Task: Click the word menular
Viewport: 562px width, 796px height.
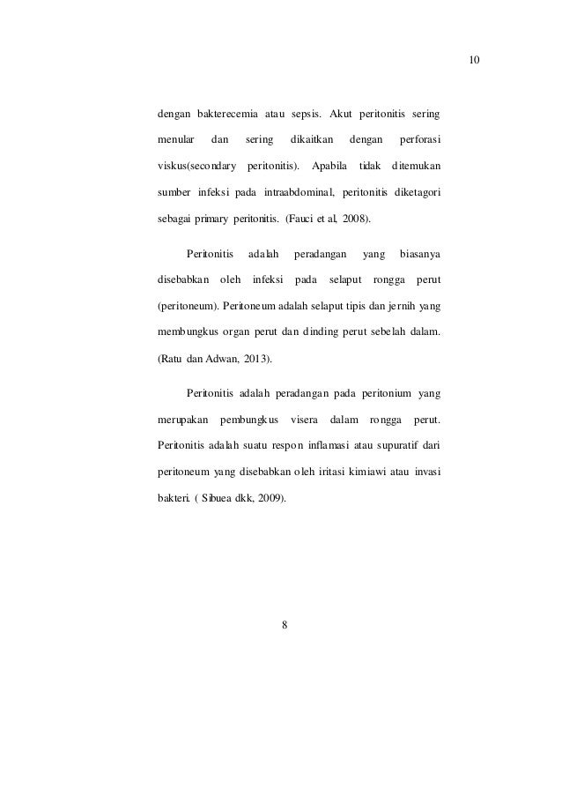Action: (x=175, y=139)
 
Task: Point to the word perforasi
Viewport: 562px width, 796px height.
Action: (x=420, y=139)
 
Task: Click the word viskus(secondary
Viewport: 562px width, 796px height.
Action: (x=196, y=165)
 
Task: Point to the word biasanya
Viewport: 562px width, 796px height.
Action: (x=420, y=255)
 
